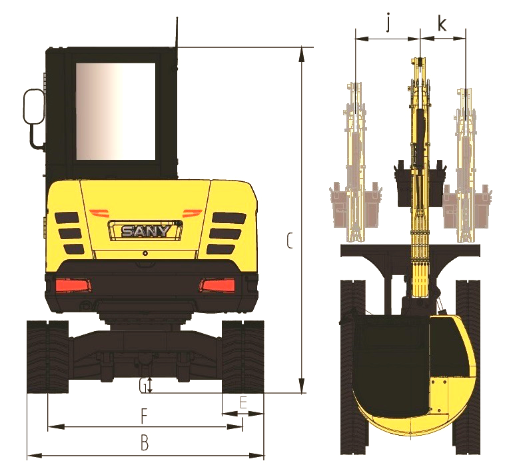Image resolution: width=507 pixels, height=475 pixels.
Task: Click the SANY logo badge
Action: (x=145, y=231)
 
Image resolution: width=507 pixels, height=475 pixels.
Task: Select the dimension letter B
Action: (x=145, y=442)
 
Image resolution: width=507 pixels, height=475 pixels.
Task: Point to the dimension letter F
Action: (x=144, y=416)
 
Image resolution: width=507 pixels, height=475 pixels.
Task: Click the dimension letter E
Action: (x=243, y=403)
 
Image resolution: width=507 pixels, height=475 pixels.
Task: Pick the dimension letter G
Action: (x=143, y=386)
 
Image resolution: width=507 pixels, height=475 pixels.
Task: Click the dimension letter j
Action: (x=388, y=23)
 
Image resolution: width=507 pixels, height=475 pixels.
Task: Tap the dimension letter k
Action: (x=442, y=23)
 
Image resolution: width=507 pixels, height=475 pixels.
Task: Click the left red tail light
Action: (x=73, y=286)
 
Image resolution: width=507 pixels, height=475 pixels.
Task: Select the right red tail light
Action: (x=217, y=286)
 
